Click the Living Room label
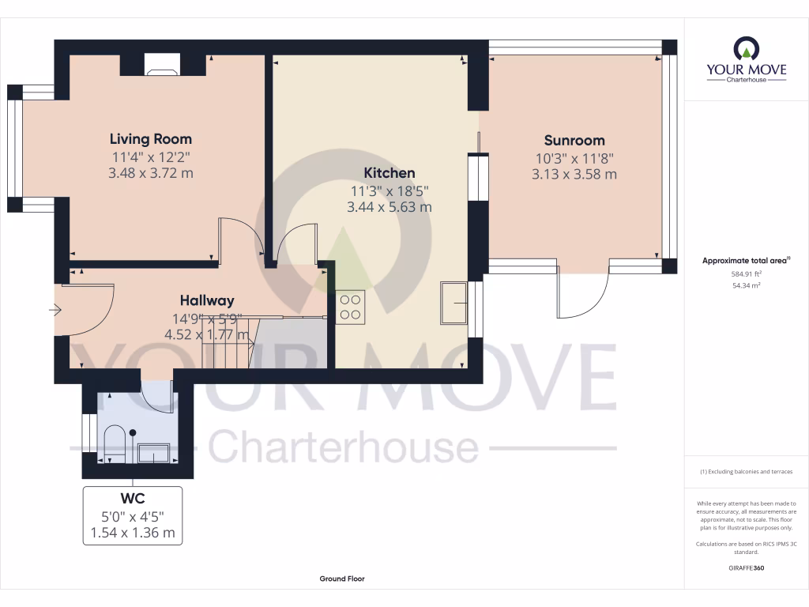click(x=150, y=139)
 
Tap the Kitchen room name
click(x=389, y=172)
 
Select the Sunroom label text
click(x=574, y=141)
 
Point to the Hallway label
click(x=207, y=300)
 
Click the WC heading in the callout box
click(x=132, y=500)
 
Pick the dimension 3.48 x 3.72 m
click(x=150, y=173)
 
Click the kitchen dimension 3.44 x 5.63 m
click(x=389, y=207)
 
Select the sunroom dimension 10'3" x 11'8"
click(x=574, y=158)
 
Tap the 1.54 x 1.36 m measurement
click(x=132, y=533)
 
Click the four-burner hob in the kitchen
click(x=350, y=307)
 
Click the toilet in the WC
click(x=114, y=443)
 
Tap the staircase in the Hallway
click(x=228, y=340)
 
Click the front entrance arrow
click(x=55, y=311)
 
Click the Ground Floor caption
click(x=342, y=579)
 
